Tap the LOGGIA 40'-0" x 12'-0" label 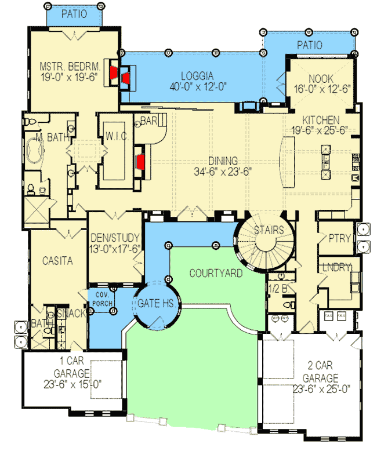click(x=197, y=81)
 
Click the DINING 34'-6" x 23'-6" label click(x=223, y=165)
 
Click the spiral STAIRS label click(x=269, y=230)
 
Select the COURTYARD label click(x=216, y=273)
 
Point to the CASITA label click(x=57, y=261)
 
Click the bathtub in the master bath click(x=30, y=149)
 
